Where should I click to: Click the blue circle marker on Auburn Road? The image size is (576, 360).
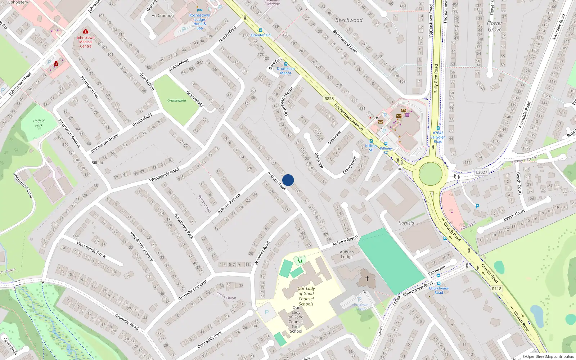point(288,180)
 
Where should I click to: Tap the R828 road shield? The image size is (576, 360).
point(329,99)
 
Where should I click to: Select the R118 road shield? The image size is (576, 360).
point(496,289)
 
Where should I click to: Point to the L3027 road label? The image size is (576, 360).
point(481,172)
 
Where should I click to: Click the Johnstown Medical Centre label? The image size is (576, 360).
point(86,42)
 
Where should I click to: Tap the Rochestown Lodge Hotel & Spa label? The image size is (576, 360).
point(199,22)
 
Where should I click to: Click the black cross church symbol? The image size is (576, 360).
point(367,279)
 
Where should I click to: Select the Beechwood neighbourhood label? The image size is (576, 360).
point(349,20)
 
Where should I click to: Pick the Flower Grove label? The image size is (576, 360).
point(495,26)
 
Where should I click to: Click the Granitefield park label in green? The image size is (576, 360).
point(177,100)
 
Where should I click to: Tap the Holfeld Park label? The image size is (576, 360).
point(39,123)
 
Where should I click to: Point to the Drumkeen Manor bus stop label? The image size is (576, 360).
point(286,71)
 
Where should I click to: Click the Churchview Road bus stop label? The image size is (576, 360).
point(438,290)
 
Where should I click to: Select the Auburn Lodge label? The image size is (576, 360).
point(347,255)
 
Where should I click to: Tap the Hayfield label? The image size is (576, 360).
point(406,223)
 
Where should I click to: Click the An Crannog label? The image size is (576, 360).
point(163,15)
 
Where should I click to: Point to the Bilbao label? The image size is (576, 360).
point(97,163)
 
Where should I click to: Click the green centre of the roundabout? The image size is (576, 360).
point(431,174)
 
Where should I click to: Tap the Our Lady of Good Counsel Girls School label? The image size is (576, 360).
point(296,319)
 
